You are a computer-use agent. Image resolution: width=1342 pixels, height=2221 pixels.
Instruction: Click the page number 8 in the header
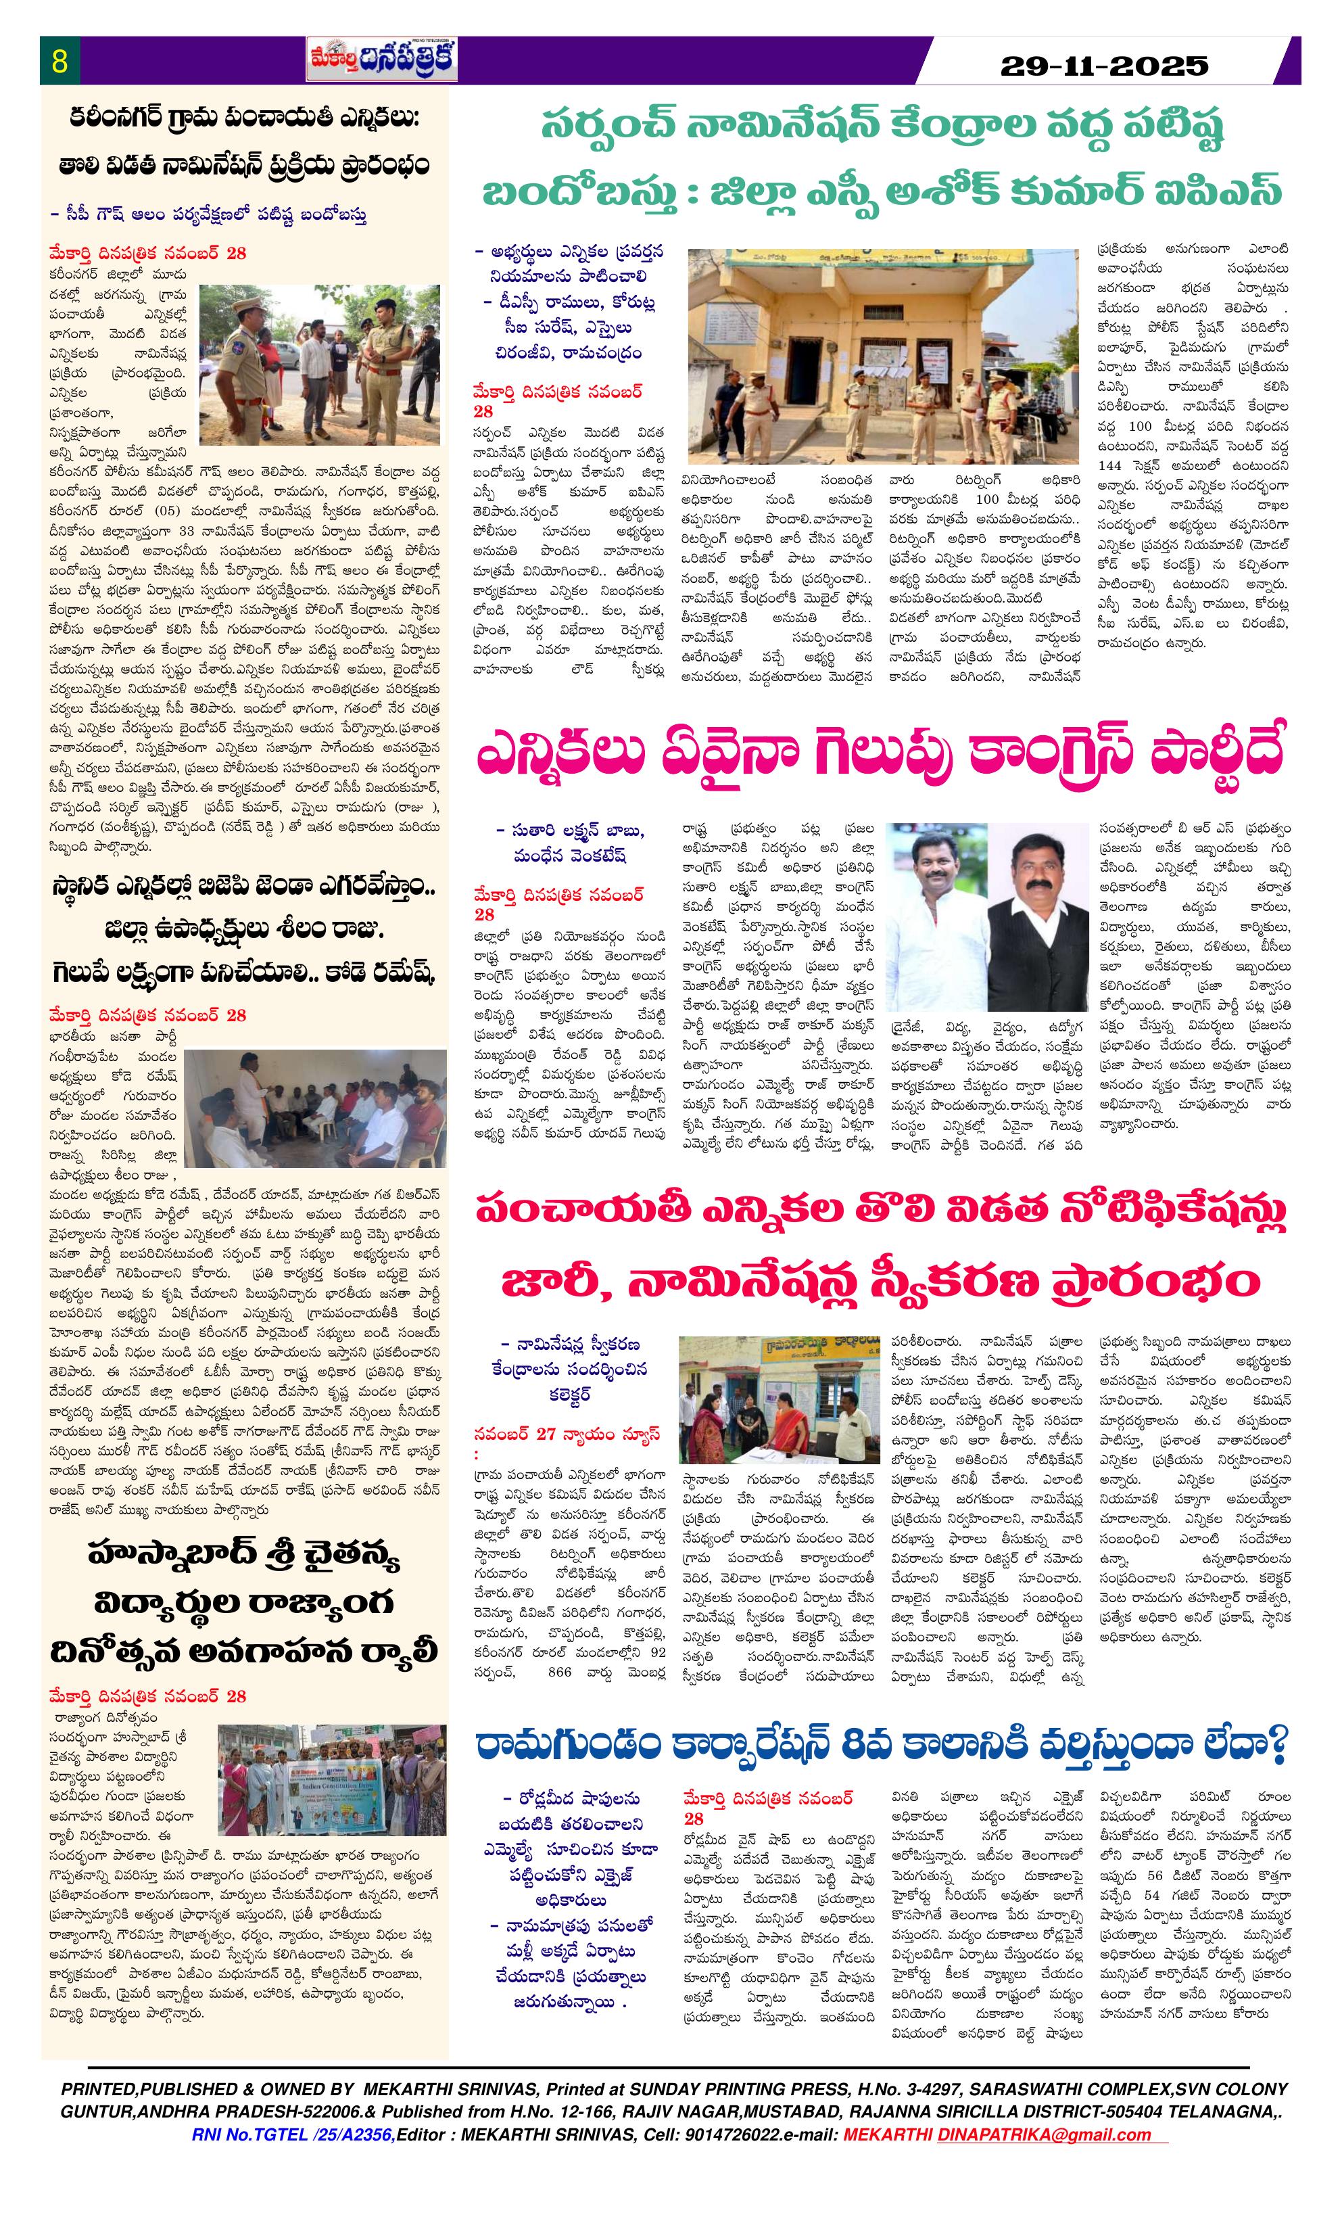pyautogui.click(x=60, y=62)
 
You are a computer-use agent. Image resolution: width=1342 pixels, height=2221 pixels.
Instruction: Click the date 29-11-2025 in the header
pyautogui.click(x=1104, y=65)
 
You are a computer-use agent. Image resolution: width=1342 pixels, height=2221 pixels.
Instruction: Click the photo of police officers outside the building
pyautogui.click(x=882, y=355)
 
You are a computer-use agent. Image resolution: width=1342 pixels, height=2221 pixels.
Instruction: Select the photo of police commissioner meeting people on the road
pyautogui.click(x=320, y=352)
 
